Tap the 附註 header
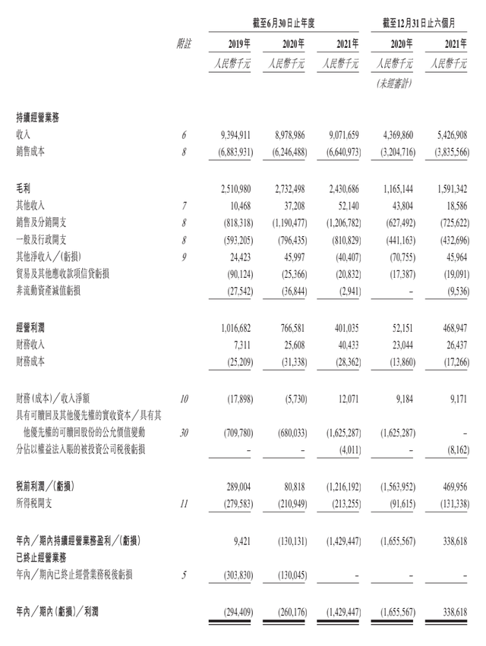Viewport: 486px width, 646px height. click(x=183, y=43)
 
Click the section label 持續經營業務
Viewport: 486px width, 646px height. click(x=36, y=118)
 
